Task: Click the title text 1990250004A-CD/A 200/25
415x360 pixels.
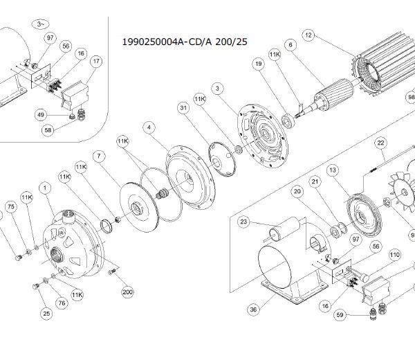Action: pyautogui.click(x=185, y=42)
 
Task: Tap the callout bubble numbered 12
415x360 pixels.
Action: pyautogui.click(x=308, y=35)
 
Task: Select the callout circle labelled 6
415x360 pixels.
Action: pyautogui.click(x=290, y=45)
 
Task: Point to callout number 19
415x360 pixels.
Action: pyautogui.click(x=258, y=64)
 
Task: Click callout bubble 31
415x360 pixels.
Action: pyautogui.click(x=183, y=108)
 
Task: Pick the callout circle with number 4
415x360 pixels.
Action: pyautogui.click(x=149, y=127)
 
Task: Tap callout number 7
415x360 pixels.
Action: pyautogui.click(x=99, y=156)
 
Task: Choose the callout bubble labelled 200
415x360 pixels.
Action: pyautogui.click(x=127, y=292)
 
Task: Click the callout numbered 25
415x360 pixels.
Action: pyautogui.click(x=46, y=314)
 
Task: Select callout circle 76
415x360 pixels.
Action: pyautogui.click(x=62, y=303)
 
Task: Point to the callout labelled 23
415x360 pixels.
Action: pyautogui.click(x=243, y=222)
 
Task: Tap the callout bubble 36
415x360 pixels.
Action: pyautogui.click(x=253, y=309)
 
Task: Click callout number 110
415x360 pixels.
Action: pyautogui.click(x=395, y=255)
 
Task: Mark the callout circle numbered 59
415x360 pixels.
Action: pyautogui.click(x=340, y=315)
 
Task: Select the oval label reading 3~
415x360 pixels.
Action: pyautogui.click(x=40, y=24)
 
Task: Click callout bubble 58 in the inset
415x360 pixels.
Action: pyautogui.click(x=48, y=130)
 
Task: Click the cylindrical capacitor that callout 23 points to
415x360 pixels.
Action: pyautogui.click(x=285, y=229)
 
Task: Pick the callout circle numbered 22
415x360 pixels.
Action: pyautogui.click(x=380, y=143)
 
